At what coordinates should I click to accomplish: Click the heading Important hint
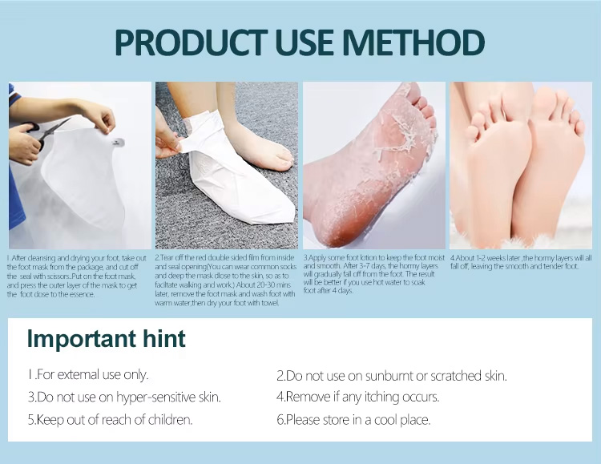click(106, 339)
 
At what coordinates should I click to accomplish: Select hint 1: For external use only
click(88, 374)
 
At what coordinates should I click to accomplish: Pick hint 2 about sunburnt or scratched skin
click(391, 375)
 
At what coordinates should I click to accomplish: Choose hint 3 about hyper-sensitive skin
click(124, 397)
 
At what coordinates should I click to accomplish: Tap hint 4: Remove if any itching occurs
click(357, 397)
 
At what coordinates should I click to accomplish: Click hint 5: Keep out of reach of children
click(110, 419)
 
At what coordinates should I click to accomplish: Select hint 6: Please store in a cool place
click(353, 419)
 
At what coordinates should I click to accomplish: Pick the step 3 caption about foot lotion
click(373, 273)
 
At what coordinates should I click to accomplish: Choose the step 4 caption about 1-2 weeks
click(521, 262)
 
